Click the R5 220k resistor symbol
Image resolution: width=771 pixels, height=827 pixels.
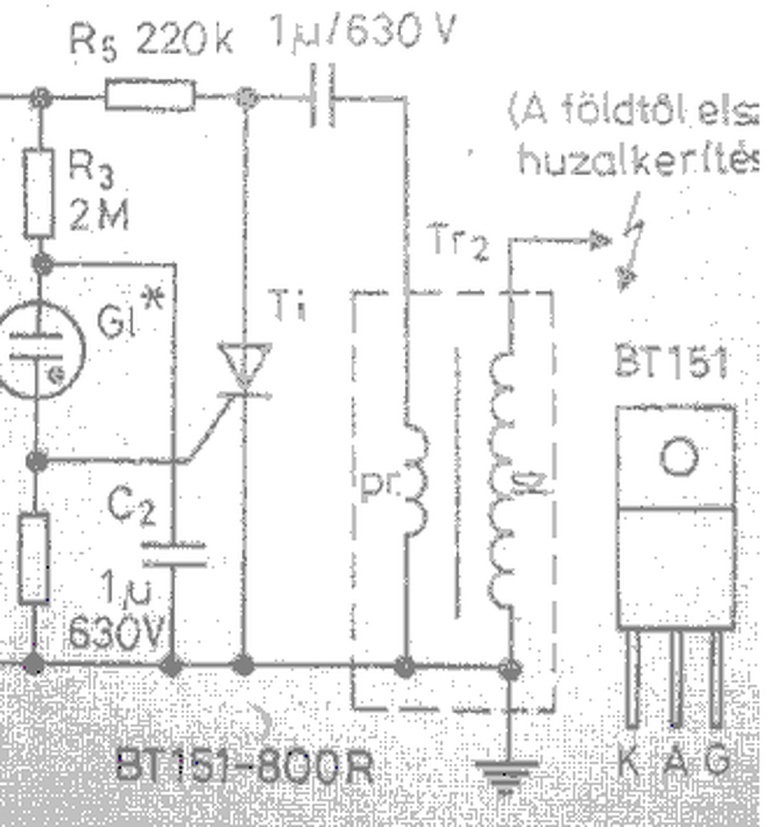(x=150, y=95)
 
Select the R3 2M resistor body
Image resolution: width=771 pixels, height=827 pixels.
(x=38, y=193)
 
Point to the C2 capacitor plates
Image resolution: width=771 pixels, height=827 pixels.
(x=173, y=554)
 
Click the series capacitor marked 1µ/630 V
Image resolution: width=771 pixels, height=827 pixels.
(x=322, y=98)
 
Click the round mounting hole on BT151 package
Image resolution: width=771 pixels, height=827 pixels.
(x=678, y=457)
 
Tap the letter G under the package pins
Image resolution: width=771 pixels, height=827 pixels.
(x=718, y=762)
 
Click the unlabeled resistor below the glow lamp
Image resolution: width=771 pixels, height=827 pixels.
(x=34, y=558)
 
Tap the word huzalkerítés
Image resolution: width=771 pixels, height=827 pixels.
(x=638, y=162)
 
